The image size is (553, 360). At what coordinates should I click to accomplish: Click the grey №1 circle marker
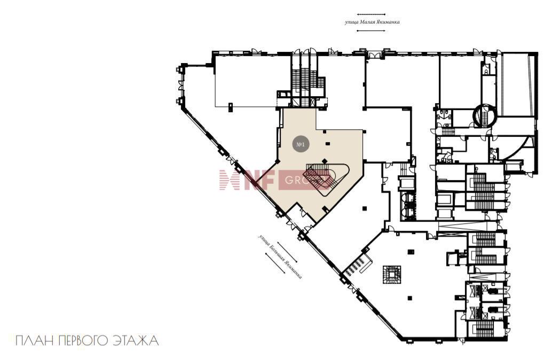[301, 144]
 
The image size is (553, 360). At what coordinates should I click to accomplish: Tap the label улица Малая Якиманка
[372, 22]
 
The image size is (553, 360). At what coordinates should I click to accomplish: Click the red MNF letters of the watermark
[247, 180]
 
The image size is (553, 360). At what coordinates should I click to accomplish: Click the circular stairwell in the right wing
[485, 115]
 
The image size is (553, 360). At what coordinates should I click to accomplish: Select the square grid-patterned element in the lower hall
[392, 274]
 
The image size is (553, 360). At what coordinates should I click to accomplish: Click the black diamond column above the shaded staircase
[325, 161]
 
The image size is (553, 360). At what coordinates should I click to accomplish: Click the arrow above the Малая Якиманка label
[370, 14]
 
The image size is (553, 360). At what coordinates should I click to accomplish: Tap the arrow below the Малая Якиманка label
[370, 30]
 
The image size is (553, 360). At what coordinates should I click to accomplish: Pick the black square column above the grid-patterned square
[410, 251]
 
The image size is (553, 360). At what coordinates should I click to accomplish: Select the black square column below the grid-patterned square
[410, 298]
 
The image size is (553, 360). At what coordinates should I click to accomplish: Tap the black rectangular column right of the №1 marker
[328, 143]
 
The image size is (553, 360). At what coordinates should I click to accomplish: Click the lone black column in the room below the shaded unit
[365, 209]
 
